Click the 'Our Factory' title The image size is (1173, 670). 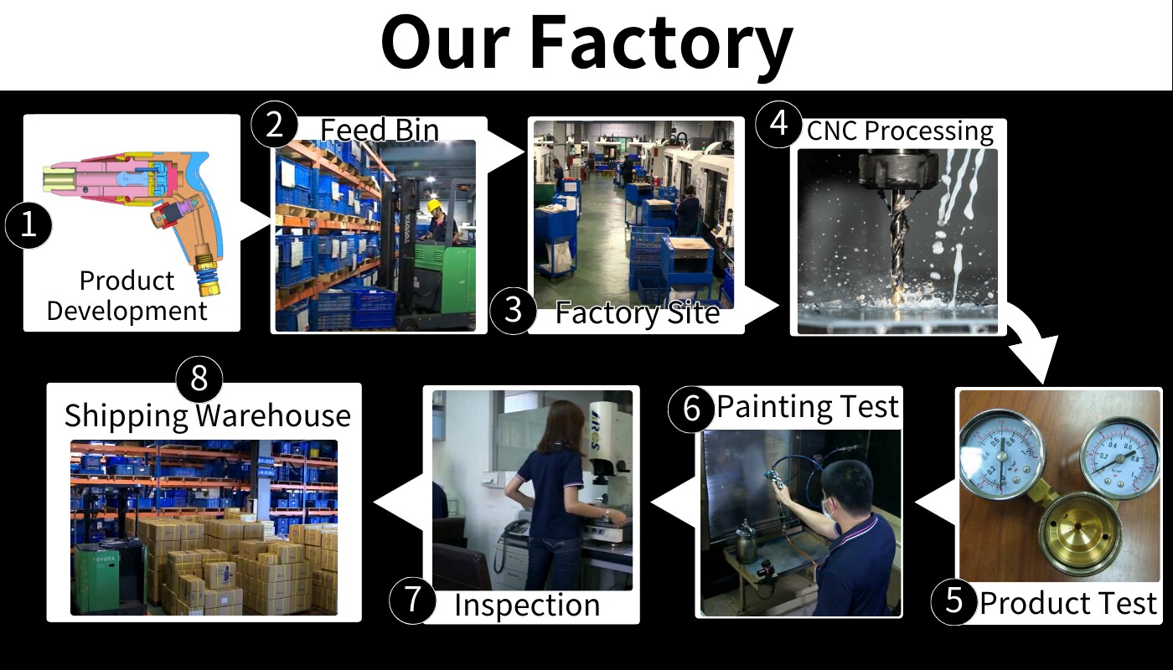point(586,44)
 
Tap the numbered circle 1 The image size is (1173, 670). point(28,225)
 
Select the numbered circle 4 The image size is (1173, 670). point(778,124)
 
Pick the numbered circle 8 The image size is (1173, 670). point(199,378)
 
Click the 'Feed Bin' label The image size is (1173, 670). point(380,130)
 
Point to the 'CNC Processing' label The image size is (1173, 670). point(900,131)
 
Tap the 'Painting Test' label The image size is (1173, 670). point(808,406)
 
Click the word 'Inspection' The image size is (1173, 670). point(527,605)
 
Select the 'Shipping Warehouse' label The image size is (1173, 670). point(208,415)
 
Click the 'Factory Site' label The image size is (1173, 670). point(638,313)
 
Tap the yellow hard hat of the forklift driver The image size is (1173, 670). point(435,205)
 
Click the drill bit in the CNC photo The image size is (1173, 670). point(897,246)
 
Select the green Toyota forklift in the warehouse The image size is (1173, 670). point(110,576)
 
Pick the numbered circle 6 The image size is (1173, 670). point(691,409)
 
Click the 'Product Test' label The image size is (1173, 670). point(1068,603)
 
